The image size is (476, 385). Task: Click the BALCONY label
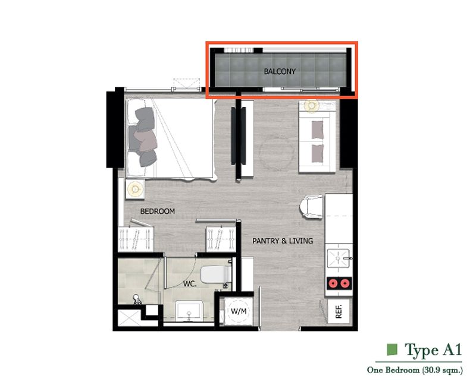click(280, 71)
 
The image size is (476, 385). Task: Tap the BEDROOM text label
click(158, 212)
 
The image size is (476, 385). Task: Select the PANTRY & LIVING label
click(283, 241)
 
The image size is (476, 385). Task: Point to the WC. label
click(190, 284)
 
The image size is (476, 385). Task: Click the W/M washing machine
click(239, 311)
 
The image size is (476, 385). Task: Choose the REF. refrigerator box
click(339, 311)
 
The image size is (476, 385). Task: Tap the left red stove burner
click(333, 284)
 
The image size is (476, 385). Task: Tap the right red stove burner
click(345, 284)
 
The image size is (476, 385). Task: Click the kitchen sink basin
click(338, 258)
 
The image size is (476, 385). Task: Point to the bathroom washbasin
click(189, 310)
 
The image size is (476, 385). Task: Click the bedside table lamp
click(135, 189)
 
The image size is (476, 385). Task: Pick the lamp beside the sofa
click(311, 106)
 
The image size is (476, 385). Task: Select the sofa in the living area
click(317, 141)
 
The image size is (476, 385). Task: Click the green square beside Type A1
click(392, 349)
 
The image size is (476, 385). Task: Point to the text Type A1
click(433, 350)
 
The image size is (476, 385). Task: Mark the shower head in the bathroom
click(137, 299)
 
